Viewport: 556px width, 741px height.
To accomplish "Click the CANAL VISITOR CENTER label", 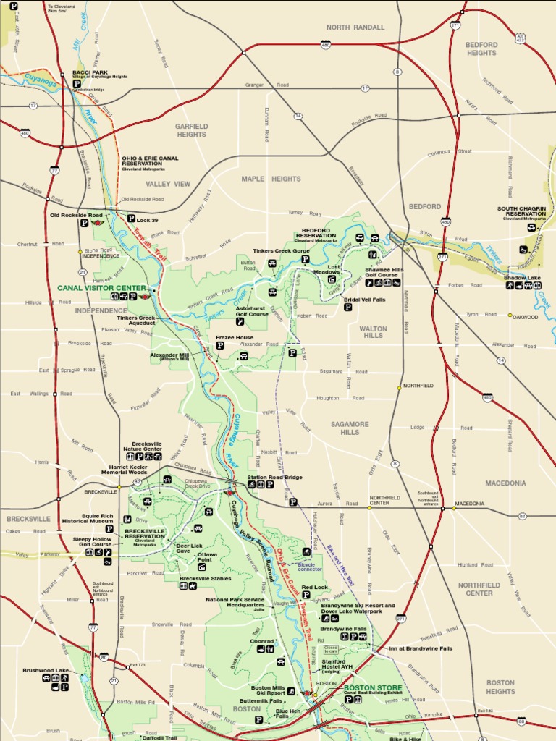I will (x=102, y=288).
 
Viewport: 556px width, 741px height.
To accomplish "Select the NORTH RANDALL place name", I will (x=355, y=27).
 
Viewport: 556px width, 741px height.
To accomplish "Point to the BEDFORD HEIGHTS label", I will (x=481, y=48).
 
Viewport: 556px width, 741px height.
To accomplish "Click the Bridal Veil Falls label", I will (x=364, y=299).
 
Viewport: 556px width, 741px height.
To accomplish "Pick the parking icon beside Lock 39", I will (x=131, y=219).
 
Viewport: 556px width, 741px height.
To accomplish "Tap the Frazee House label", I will (x=235, y=338).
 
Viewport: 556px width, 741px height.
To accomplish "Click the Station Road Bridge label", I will (x=274, y=477).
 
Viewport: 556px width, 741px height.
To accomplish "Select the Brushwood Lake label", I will (x=46, y=671).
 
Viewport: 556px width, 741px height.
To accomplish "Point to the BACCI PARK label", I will (x=90, y=72).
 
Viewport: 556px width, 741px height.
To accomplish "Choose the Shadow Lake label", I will (x=522, y=278).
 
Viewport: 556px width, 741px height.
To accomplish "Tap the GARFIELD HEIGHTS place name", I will (x=191, y=130).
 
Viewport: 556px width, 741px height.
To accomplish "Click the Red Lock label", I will (x=315, y=588).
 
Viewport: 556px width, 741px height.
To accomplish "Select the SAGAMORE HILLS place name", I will (x=350, y=428).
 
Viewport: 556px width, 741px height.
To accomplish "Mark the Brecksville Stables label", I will (x=205, y=579).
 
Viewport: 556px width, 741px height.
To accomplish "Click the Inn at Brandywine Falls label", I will (x=420, y=648).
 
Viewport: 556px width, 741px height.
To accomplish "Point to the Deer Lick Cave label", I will (x=189, y=549).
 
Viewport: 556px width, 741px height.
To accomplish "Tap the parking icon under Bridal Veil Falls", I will (x=347, y=308).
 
